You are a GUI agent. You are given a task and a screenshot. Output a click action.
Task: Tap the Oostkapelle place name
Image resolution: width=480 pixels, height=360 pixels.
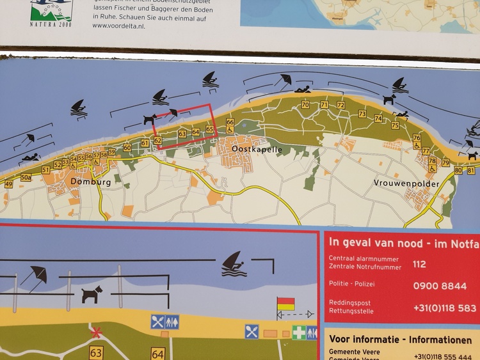pos(238,149)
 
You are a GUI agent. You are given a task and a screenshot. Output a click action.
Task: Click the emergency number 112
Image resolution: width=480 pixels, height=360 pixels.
pos(419,263)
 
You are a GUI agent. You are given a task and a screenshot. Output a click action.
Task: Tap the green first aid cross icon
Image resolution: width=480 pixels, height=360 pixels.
pos(299,332)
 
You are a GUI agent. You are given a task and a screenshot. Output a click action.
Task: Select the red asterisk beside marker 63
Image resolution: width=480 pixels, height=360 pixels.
pos(96,333)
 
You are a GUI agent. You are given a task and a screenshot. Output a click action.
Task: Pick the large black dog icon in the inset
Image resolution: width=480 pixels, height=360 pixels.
pos(92,294)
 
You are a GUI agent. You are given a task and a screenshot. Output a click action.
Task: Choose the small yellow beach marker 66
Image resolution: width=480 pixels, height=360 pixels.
pos(230,122)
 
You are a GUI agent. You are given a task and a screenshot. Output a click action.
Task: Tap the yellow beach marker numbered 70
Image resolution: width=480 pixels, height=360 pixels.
pos(305,105)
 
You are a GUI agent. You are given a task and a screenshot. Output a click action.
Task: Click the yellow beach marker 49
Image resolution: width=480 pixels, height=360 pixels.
pos(8,184)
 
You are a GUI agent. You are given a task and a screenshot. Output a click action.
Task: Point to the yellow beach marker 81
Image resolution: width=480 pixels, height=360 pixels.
pos(471,171)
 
